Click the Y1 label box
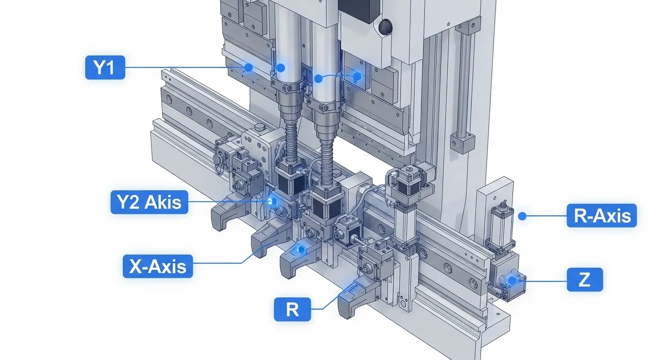pyautogui.click(x=105, y=67)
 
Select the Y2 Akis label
pyautogui.click(x=150, y=202)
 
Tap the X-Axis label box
pyautogui.click(x=158, y=266)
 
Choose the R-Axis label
pyautogui.click(x=602, y=215)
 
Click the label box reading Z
pyautogui.click(x=585, y=279)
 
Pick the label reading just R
pyautogui.click(x=292, y=309)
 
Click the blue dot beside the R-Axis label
pyautogui.click(x=522, y=216)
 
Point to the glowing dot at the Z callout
pyautogui.click(x=512, y=280)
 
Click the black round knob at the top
pyautogui.click(x=386, y=27)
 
